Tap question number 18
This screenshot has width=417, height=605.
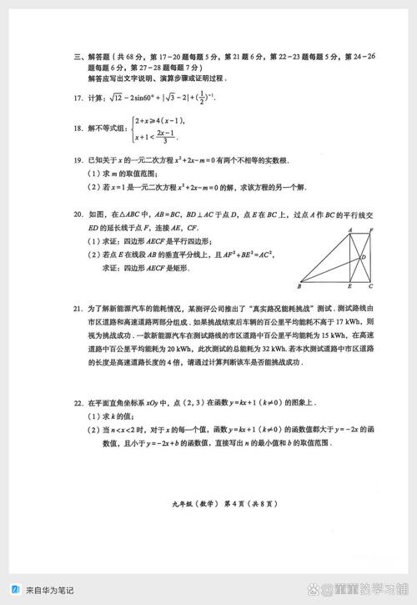tap(78, 128)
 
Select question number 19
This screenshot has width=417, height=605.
tap(78, 159)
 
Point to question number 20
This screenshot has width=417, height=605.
tap(78, 214)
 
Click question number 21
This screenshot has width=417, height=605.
tap(78, 310)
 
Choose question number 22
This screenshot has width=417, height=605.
tap(78, 403)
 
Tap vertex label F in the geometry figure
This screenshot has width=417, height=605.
tap(372, 229)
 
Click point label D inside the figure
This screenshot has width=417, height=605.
tap(364, 257)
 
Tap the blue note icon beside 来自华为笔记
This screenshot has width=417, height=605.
tap(15, 589)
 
